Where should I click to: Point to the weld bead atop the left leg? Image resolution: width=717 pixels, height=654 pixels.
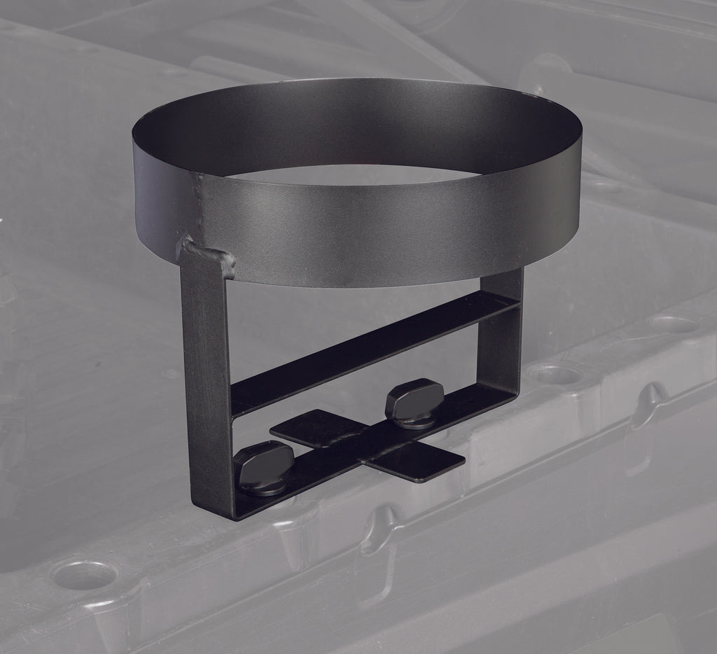207,256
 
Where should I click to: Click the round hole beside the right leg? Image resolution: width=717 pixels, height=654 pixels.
557,375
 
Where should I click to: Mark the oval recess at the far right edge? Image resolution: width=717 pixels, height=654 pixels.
672,325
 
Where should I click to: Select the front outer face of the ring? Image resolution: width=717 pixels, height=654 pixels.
364,231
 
